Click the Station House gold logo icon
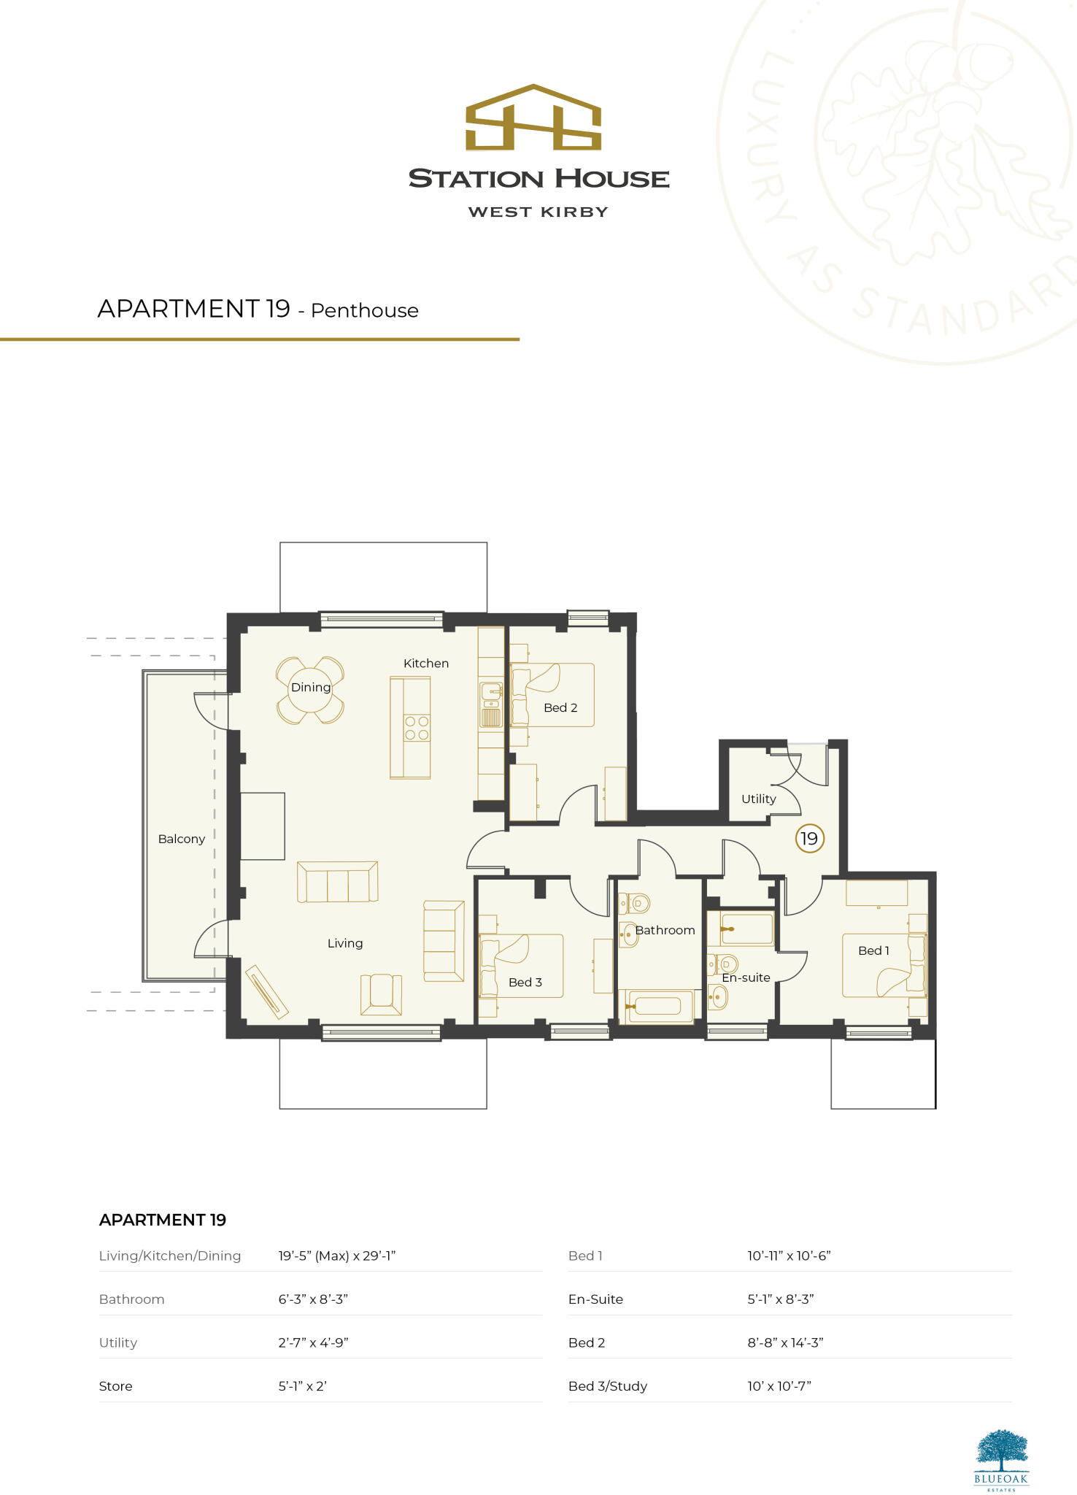tap(533, 118)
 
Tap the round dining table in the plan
tap(310, 690)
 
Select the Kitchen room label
tap(426, 663)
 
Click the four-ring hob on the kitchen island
tap(417, 728)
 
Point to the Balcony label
tap(181, 839)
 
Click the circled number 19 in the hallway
tap(809, 838)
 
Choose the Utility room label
tap(758, 799)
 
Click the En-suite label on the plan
tap(746, 977)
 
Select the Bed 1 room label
tap(873, 950)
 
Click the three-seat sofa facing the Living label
tap(337, 882)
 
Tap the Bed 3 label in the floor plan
tap(525, 982)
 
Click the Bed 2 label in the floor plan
tap(560, 707)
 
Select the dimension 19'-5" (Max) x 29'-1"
tap(336, 1256)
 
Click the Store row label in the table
tap(115, 1386)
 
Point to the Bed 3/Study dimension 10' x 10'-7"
tap(779, 1386)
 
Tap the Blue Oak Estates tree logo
tap(1001, 1453)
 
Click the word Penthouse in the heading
tap(364, 310)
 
